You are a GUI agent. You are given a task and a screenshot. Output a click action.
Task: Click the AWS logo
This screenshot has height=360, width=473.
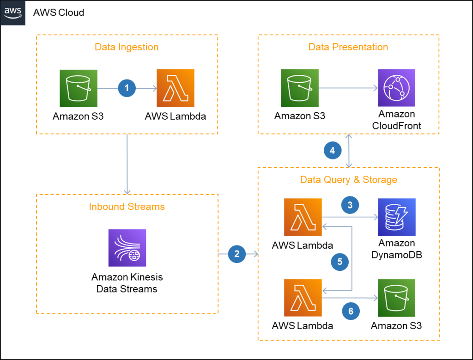point(12,12)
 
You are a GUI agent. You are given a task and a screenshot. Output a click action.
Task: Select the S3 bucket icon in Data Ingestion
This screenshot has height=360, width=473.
point(79,88)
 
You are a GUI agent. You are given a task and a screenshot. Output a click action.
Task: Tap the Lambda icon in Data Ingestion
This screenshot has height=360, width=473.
point(175,88)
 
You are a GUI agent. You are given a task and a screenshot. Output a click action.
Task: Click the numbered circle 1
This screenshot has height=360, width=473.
point(127,88)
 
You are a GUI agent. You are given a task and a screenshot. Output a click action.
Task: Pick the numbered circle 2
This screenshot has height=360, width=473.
point(237,254)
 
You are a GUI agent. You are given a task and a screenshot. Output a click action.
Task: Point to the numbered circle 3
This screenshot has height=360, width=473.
point(350,205)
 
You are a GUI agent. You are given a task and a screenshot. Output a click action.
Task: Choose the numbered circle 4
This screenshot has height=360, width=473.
point(332,150)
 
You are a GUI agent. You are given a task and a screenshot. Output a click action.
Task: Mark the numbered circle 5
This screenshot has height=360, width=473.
point(340,262)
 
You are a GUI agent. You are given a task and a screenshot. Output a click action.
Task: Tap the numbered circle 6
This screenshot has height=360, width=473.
point(351,311)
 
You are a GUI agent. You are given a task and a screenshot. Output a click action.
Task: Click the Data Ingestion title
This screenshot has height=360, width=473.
point(126,47)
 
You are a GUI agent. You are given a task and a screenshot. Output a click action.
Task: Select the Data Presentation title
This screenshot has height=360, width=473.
point(348,47)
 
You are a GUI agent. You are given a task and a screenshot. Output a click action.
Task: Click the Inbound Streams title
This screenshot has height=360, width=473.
point(127,207)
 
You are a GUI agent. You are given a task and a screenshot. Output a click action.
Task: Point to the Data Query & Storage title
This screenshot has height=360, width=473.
point(348,180)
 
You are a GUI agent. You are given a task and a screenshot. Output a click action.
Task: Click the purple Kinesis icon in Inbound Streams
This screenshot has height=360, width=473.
point(127,248)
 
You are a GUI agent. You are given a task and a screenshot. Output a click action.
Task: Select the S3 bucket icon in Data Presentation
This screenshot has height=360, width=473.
point(300,88)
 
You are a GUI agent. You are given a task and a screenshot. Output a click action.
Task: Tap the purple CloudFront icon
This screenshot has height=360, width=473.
point(396,88)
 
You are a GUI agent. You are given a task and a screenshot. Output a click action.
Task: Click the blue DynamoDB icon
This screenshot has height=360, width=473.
point(396,217)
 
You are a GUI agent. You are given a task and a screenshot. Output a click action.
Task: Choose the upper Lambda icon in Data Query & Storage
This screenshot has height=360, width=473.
point(303,217)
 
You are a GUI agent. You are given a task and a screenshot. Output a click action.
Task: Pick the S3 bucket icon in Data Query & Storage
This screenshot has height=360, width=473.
point(396,298)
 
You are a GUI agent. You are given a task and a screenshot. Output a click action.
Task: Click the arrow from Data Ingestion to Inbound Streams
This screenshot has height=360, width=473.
point(127,164)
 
